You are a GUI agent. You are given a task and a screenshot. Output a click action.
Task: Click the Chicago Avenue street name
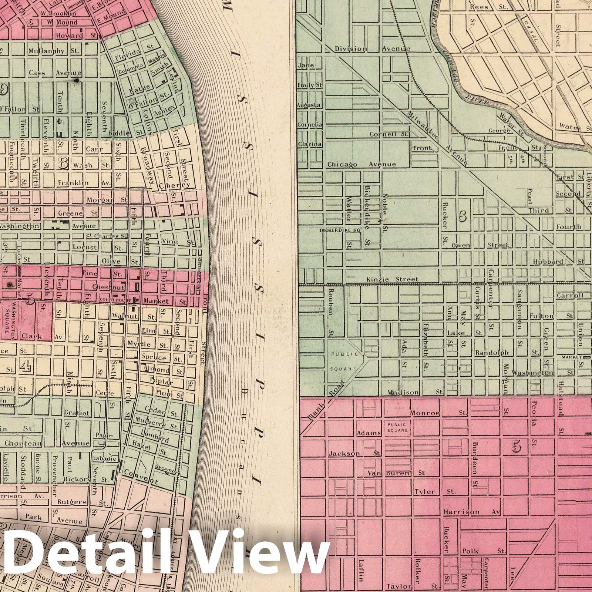pyautogui.click(x=361, y=164)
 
